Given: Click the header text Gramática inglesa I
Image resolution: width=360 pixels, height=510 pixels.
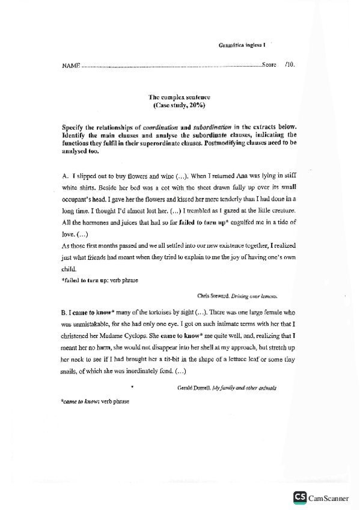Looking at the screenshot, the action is pyautogui.click(x=242, y=45).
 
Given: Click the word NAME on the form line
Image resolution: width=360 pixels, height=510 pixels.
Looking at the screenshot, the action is pyautogui.click(x=71, y=64).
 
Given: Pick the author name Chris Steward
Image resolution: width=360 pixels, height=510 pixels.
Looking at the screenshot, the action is pyautogui.click(x=213, y=296).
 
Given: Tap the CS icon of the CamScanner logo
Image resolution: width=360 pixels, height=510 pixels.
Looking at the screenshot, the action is pyautogui.click(x=299, y=497).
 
